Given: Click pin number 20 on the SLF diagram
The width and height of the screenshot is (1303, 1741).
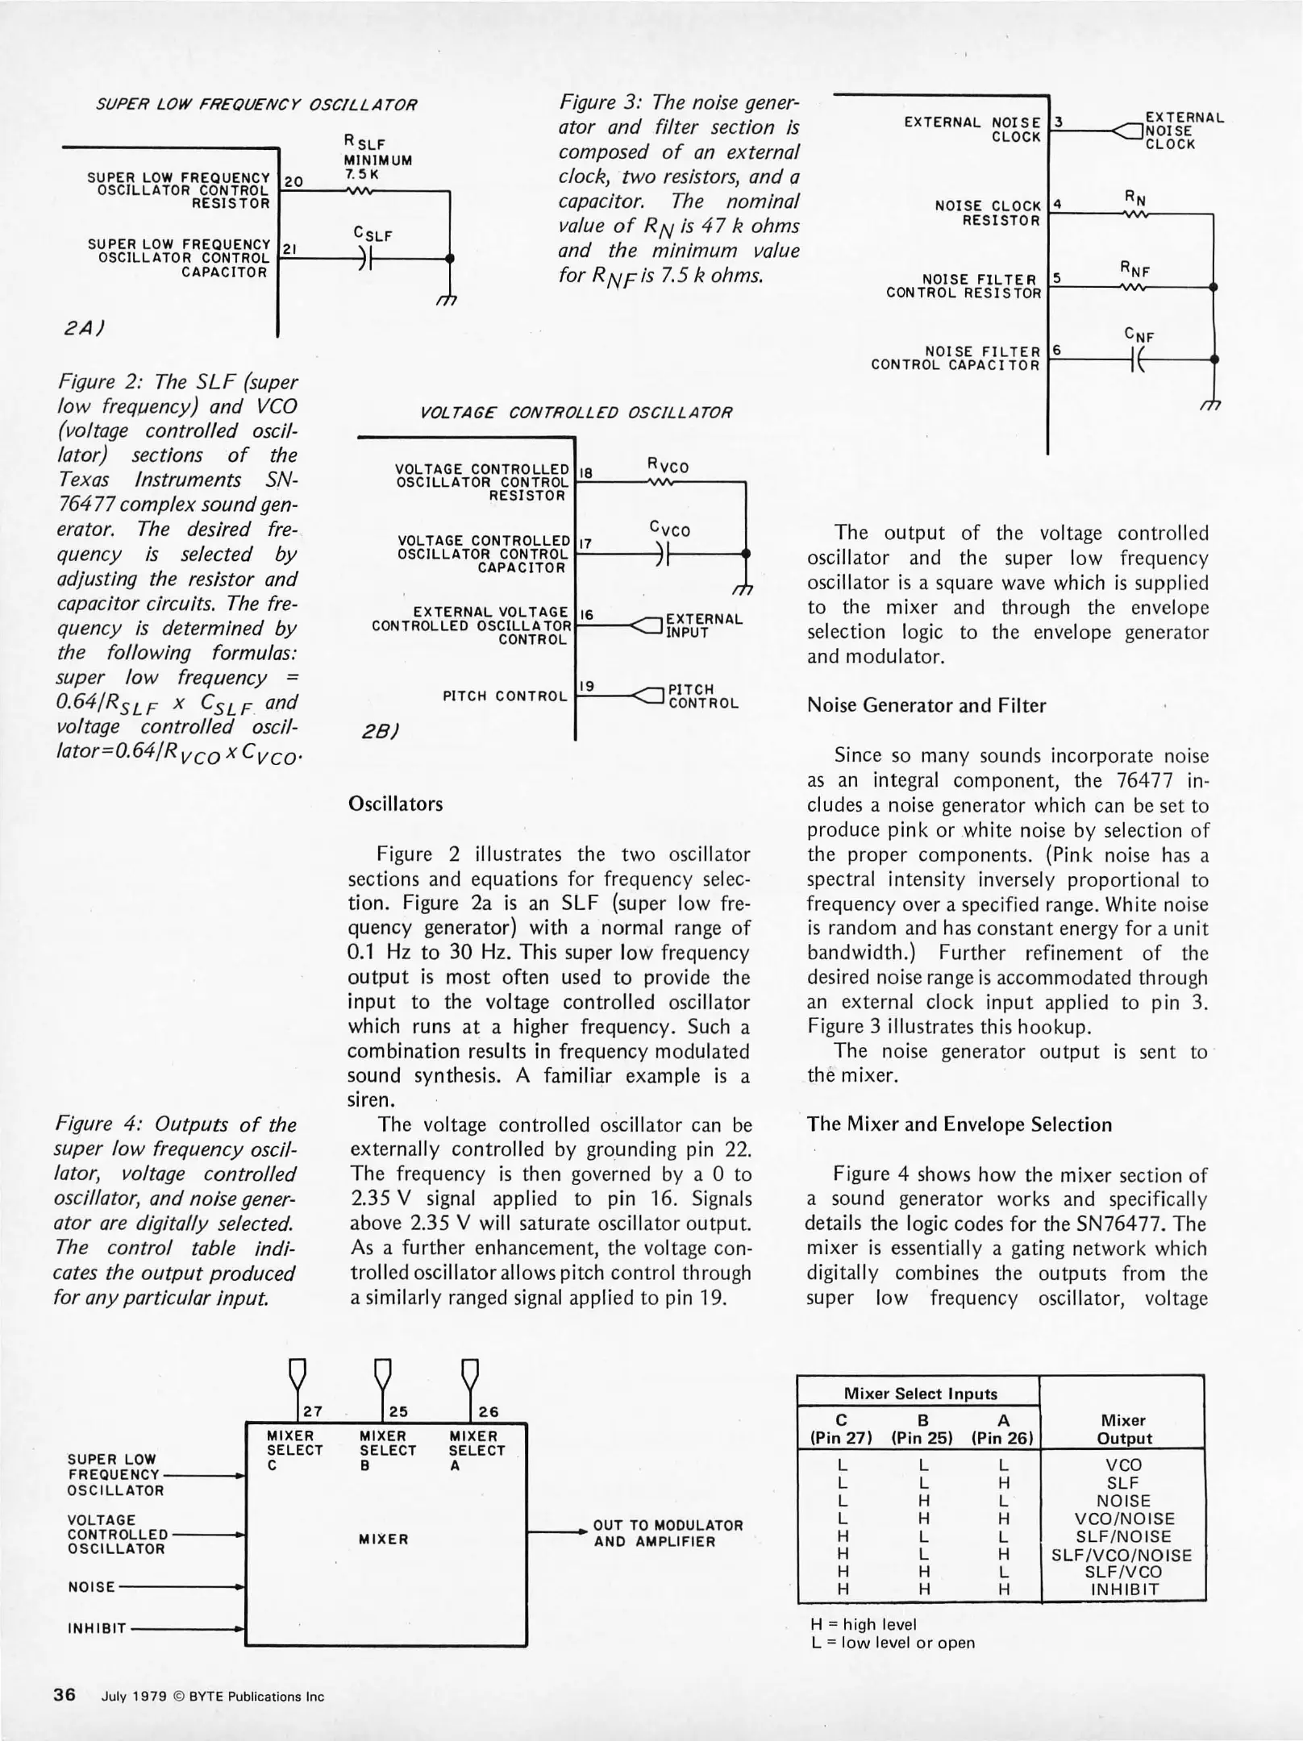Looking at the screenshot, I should click(x=293, y=181).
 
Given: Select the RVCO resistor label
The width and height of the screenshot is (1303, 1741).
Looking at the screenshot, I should click(x=668, y=466).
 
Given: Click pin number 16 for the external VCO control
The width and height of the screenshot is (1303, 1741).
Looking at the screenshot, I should click(x=587, y=615).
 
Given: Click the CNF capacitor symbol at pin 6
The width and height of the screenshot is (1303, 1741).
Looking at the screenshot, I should click(x=1139, y=359).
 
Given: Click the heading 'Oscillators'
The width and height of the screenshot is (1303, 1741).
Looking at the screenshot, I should click(x=395, y=804).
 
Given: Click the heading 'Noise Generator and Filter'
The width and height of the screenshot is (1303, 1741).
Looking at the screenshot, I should click(x=926, y=705).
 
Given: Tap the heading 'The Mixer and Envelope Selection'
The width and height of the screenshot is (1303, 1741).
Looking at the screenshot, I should click(x=960, y=1124).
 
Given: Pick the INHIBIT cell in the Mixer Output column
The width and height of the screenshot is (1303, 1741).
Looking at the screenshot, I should click(x=1124, y=1589).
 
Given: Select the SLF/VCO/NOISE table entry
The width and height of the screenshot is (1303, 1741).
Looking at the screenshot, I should click(x=1122, y=1555).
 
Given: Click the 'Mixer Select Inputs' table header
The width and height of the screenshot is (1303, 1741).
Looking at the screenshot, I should click(x=920, y=1394).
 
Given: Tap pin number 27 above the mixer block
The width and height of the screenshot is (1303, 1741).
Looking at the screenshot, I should click(x=313, y=1411).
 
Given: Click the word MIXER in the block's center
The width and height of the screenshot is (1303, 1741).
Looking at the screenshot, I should click(x=383, y=1539).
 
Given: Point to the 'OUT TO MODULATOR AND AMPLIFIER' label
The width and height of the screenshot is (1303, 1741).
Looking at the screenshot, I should click(x=668, y=1532).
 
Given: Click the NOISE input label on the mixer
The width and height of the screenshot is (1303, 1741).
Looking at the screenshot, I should click(x=91, y=1586).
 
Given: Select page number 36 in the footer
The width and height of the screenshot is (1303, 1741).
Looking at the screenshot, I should click(x=65, y=1695).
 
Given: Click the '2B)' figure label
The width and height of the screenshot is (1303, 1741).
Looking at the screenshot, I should click(x=379, y=730).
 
